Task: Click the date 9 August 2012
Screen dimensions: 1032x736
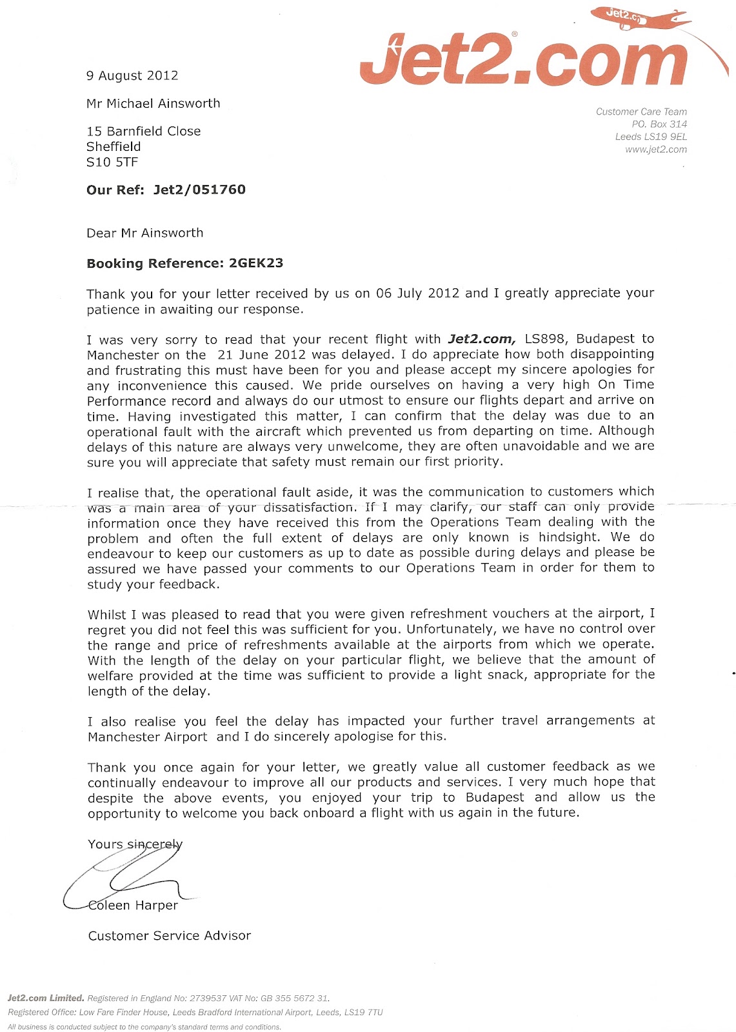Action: [x=132, y=75]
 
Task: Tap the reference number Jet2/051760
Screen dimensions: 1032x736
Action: [x=199, y=190]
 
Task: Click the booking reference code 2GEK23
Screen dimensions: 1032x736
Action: [x=256, y=263]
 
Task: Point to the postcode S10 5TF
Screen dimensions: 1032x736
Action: [x=112, y=162]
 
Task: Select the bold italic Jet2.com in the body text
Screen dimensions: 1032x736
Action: [x=481, y=339]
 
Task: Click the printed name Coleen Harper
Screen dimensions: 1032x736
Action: [x=133, y=905]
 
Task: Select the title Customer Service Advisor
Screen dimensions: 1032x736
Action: [x=170, y=935]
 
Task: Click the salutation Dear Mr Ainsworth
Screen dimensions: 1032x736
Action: [x=145, y=233]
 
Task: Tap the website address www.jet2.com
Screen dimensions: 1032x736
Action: [x=655, y=150]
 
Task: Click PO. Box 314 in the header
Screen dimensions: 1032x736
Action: [x=659, y=124]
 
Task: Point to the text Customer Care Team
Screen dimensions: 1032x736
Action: [x=641, y=112]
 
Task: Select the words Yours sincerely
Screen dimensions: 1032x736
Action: [x=135, y=844]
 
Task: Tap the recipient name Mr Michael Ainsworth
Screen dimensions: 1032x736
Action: [x=154, y=103]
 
